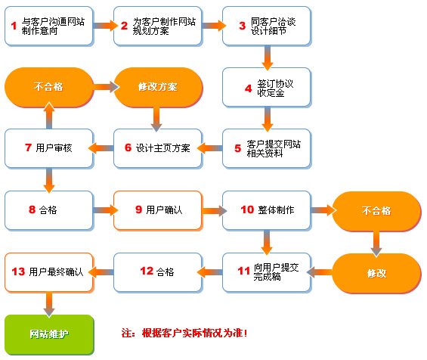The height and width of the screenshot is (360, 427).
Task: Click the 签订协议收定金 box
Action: click(x=266, y=87)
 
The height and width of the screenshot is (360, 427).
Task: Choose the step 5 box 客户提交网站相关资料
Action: click(x=266, y=147)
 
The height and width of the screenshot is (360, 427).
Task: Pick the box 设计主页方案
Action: click(x=157, y=147)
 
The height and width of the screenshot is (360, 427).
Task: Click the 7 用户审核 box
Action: click(x=49, y=147)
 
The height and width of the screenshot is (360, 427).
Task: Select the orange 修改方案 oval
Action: click(x=157, y=87)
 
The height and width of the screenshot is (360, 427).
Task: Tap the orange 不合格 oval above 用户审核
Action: click(x=49, y=87)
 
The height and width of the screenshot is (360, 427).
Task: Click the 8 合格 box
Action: click(x=49, y=209)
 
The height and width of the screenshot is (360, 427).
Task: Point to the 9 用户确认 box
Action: click(x=157, y=209)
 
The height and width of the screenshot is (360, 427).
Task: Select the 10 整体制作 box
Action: click(x=266, y=209)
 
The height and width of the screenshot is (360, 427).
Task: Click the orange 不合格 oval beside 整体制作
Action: click(x=376, y=209)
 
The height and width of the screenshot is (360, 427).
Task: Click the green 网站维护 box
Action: click(x=49, y=334)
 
